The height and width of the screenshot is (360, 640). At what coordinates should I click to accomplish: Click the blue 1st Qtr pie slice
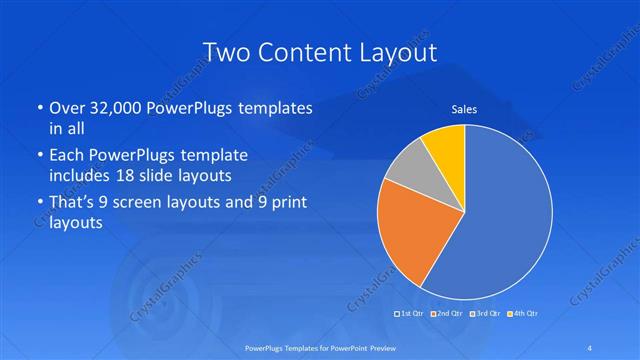tap(510, 220)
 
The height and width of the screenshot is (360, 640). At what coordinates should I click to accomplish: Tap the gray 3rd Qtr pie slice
tap(409, 171)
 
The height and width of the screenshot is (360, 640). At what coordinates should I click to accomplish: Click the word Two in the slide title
tap(227, 51)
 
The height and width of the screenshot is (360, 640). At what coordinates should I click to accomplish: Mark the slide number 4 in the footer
tap(592, 348)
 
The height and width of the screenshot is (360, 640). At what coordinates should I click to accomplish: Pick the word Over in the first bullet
tap(67, 108)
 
